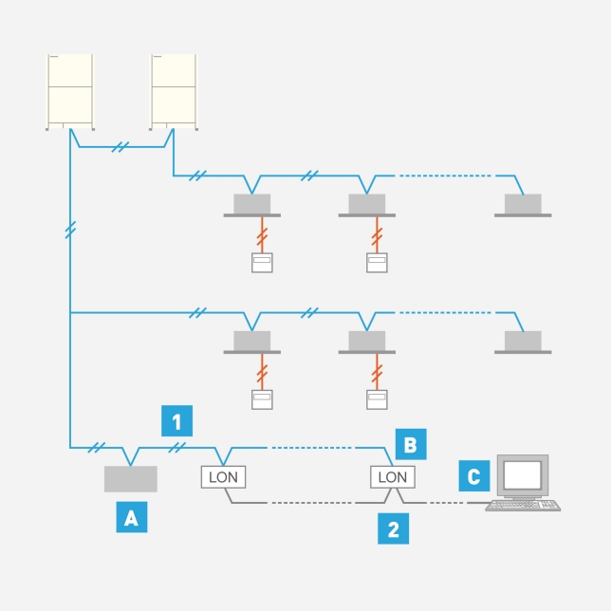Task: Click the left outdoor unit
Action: [71, 91]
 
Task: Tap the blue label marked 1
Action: [177, 419]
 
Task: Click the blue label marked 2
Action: [394, 528]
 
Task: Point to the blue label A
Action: [131, 517]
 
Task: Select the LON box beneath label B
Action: [390, 476]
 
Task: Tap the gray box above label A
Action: [131, 479]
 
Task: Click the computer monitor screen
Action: [523, 473]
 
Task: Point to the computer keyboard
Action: [523, 505]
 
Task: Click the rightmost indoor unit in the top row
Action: [522, 204]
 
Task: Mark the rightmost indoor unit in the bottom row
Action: [522, 341]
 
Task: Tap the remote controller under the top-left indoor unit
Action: [261, 263]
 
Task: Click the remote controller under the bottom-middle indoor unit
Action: [378, 399]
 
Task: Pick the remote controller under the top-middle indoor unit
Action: [378, 263]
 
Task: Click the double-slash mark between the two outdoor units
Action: [120, 147]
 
